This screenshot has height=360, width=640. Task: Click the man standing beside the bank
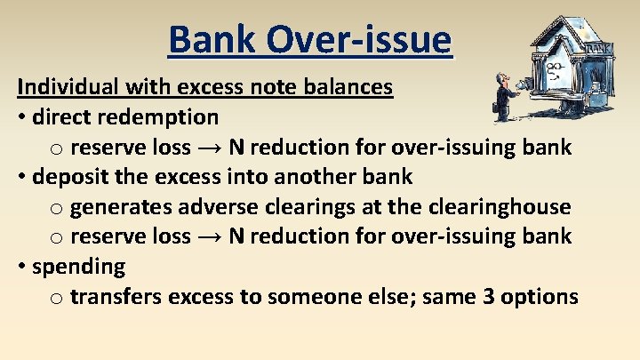tap(506, 97)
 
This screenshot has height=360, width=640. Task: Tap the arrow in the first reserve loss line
tap(209, 147)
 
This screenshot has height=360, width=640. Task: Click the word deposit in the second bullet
tap(68, 176)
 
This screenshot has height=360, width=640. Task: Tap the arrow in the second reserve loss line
tap(209, 236)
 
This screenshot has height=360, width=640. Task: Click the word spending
tap(78, 267)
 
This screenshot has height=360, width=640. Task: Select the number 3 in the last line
tap(489, 296)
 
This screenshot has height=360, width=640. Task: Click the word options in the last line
tap(540, 296)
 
